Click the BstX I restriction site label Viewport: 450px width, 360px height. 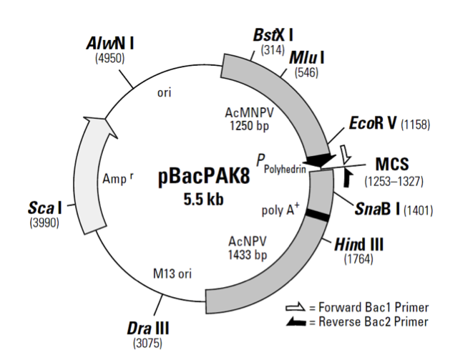pos(274,35)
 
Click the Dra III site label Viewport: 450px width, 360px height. pos(148,329)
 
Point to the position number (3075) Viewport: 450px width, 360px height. pos(148,343)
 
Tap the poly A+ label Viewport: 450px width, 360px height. pos(281,210)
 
